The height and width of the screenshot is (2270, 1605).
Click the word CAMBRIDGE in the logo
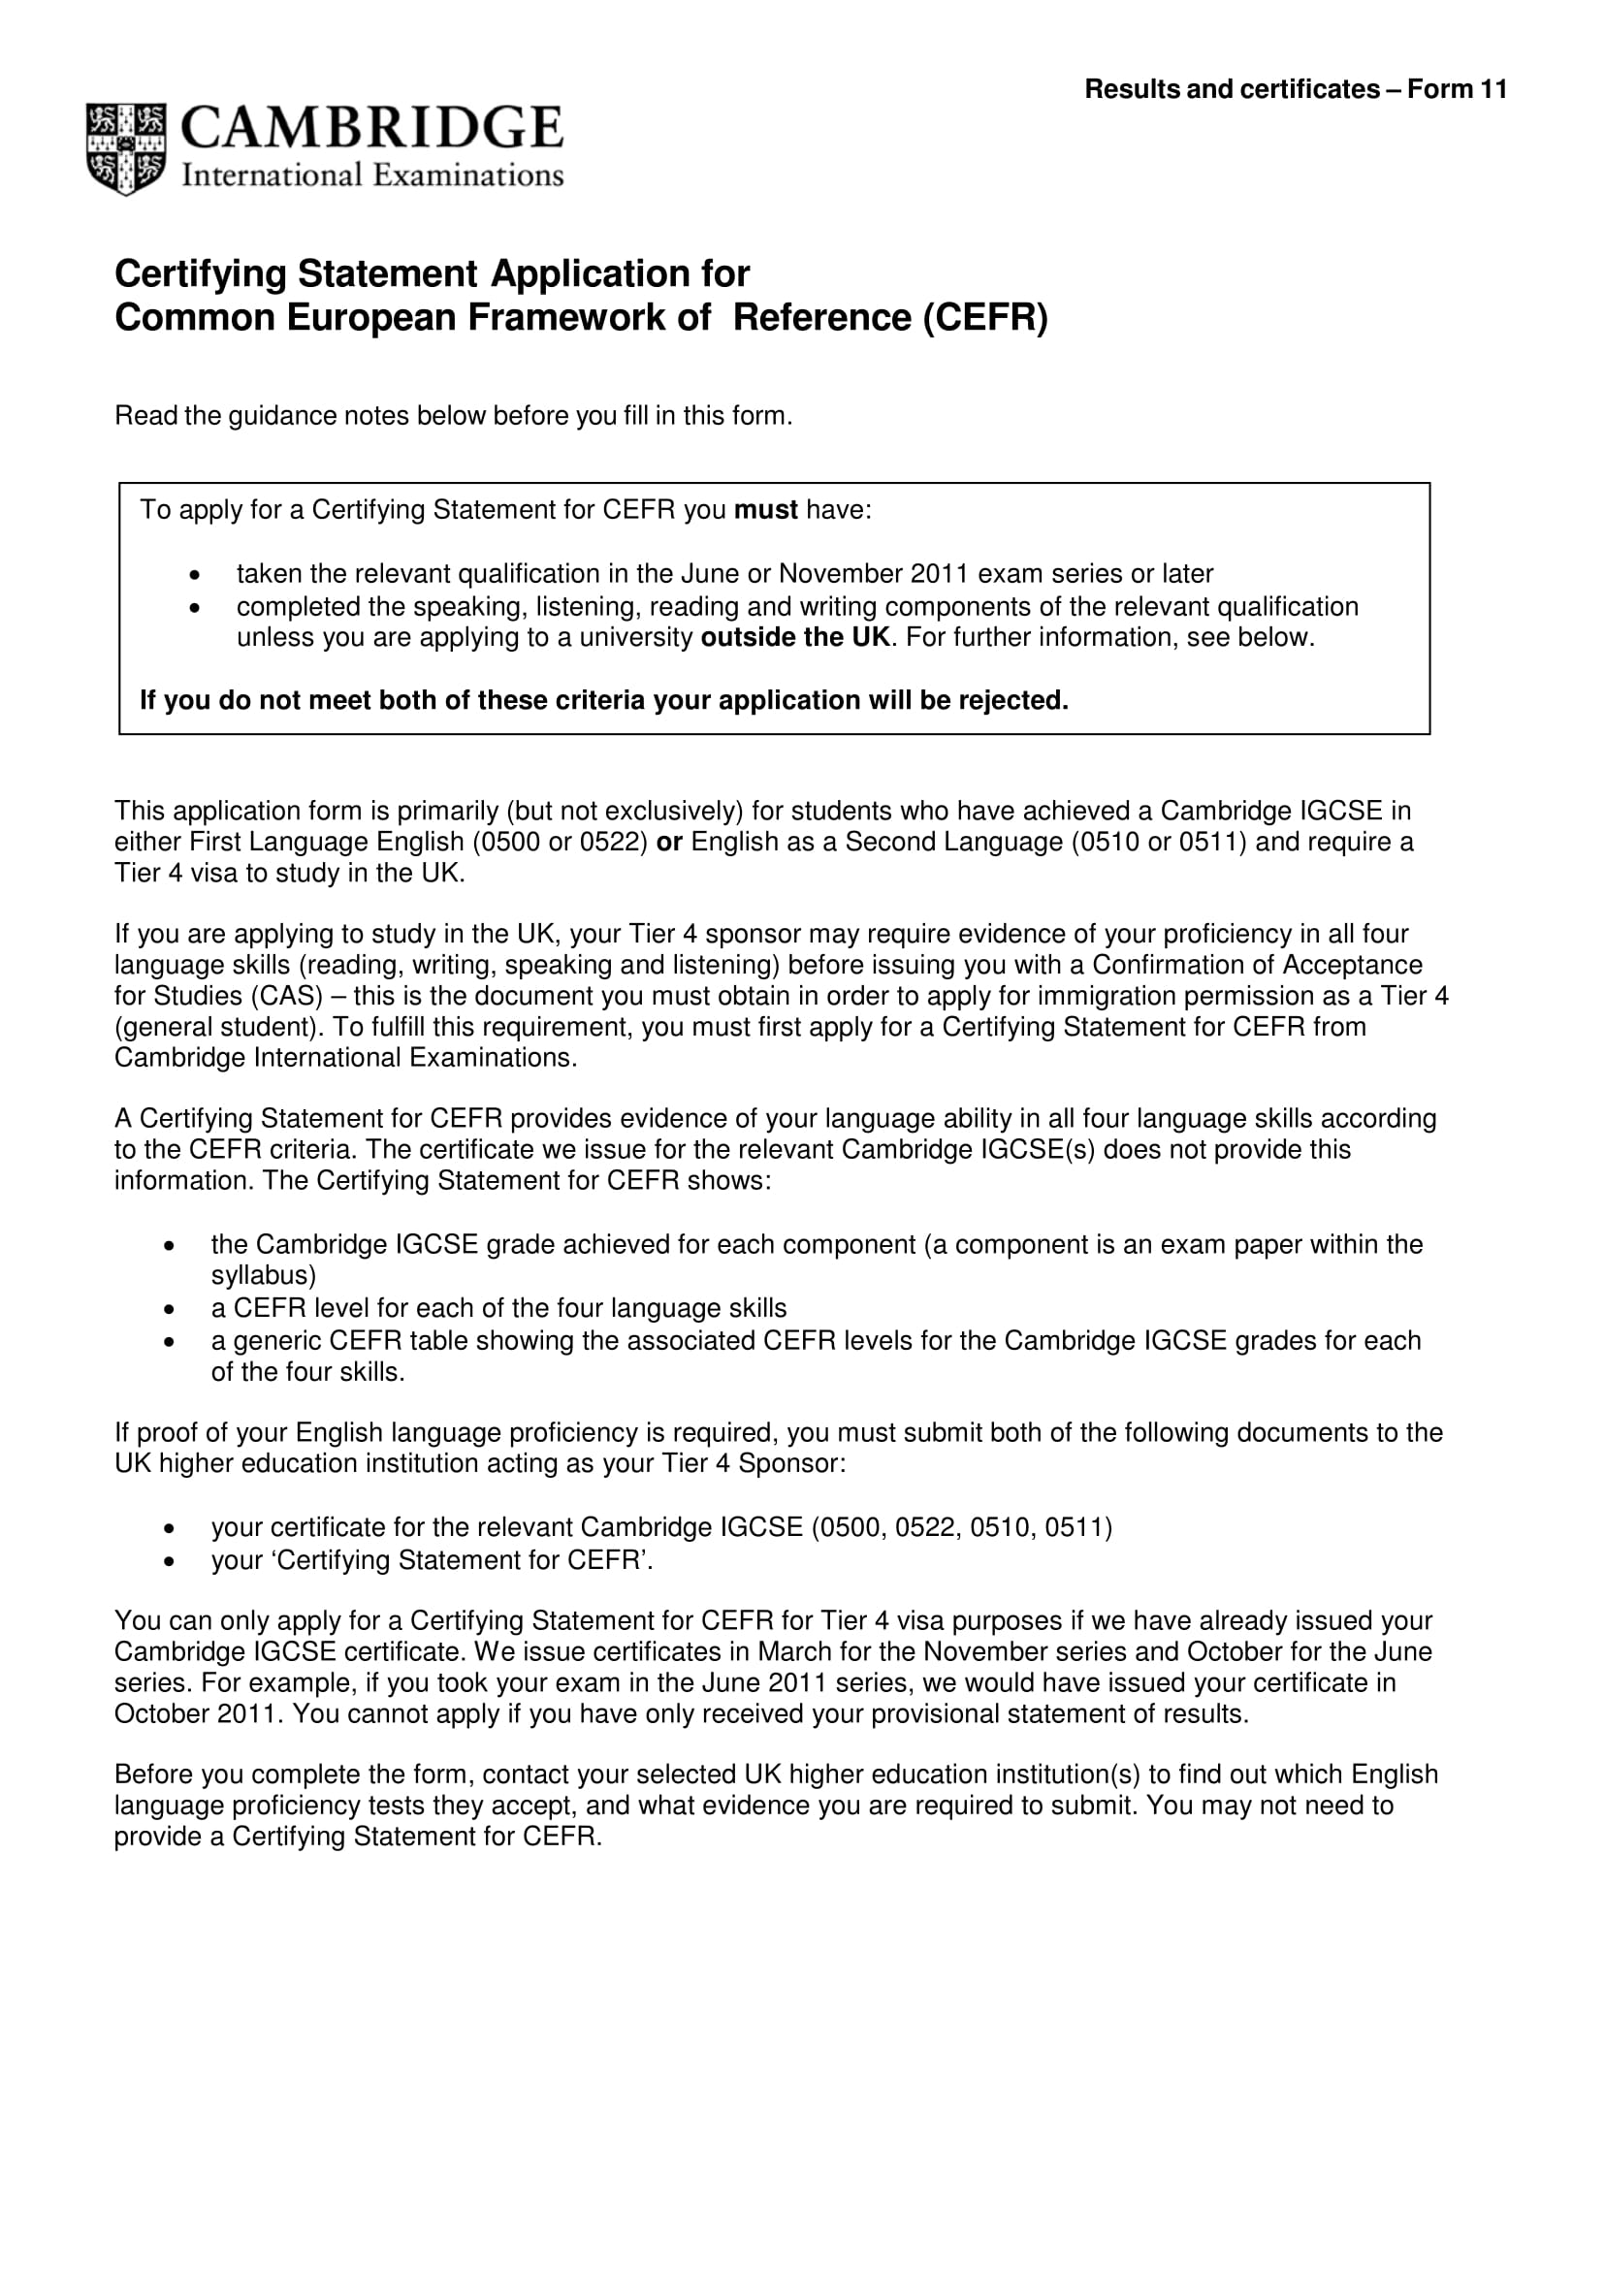(371, 128)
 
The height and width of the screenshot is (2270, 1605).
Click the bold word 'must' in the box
(764, 510)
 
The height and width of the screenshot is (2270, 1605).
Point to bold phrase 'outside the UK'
(795, 638)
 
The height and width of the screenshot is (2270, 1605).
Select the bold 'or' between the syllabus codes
(669, 843)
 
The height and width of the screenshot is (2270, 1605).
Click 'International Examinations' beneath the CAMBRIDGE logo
(371, 176)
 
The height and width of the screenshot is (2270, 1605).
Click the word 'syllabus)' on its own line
(263, 1275)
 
